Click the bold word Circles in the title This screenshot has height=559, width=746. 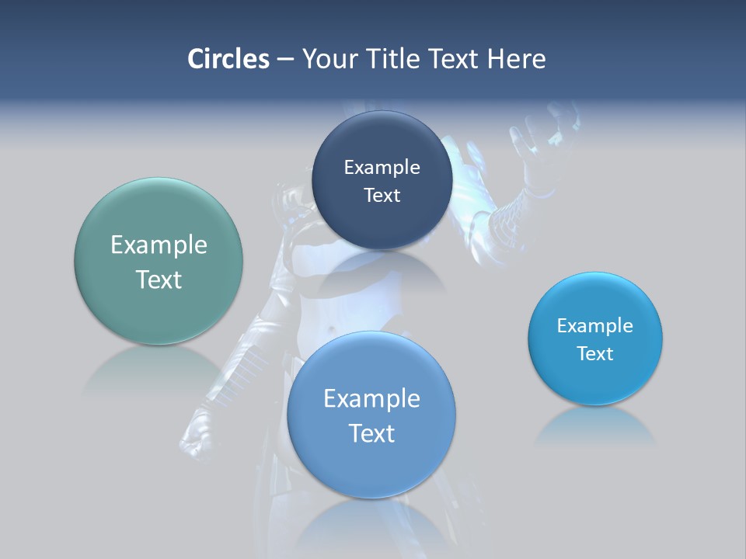pyautogui.click(x=228, y=59)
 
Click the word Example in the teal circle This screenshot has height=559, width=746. pyautogui.click(x=159, y=245)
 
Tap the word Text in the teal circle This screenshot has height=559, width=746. pyautogui.click(x=159, y=279)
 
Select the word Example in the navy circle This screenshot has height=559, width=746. pyautogui.click(x=382, y=167)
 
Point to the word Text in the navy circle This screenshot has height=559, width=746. pyautogui.click(x=382, y=195)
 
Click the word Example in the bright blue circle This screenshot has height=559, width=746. pyautogui.click(x=595, y=325)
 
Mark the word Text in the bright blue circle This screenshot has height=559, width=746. pyautogui.click(x=595, y=353)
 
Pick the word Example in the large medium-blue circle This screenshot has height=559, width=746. pyautogui.click(x=371, y=398)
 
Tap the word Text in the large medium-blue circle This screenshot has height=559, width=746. pyautogui.click(x=371, y=433)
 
